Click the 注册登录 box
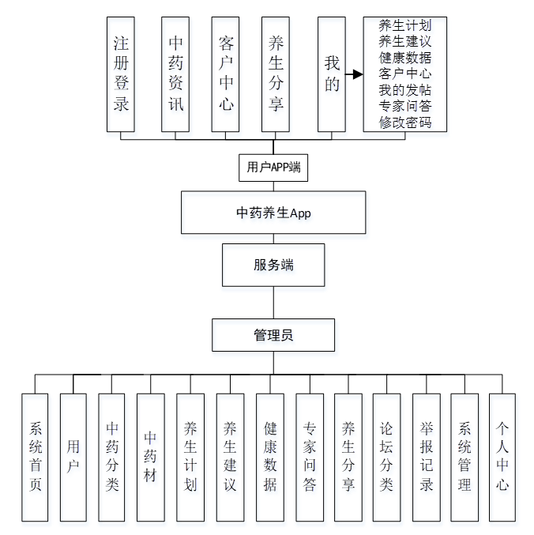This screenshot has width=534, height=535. (x=121, y=73)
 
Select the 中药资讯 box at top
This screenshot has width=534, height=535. (x=175, y=73)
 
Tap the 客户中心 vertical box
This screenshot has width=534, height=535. (x=226, y=73)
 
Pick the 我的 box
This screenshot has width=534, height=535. (x=332, y=73)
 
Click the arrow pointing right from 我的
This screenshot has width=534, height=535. (x=354, y=74)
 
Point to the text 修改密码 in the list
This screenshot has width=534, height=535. (x=404, y=122)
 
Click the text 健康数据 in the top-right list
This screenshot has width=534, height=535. (x=404, y=58)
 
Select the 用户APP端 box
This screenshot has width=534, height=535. (x=273, y=168)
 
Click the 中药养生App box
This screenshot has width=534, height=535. (x=273, y=212)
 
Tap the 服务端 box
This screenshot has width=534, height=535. (x=273, y=265)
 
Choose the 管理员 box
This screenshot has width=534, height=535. (x=273, y=335)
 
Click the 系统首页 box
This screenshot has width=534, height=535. (x=35, y=457)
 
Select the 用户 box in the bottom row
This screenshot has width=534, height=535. (x=73, y=457)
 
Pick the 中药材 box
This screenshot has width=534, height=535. (x=150, y=457)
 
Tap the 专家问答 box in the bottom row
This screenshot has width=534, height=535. (x=310, y=457)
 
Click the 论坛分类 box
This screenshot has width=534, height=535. (x=386, y=457)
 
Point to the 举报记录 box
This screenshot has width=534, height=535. (x=427, y=457)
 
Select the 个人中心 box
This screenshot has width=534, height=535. (x=502, y=457)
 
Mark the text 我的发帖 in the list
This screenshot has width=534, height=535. (x=404, y=90)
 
